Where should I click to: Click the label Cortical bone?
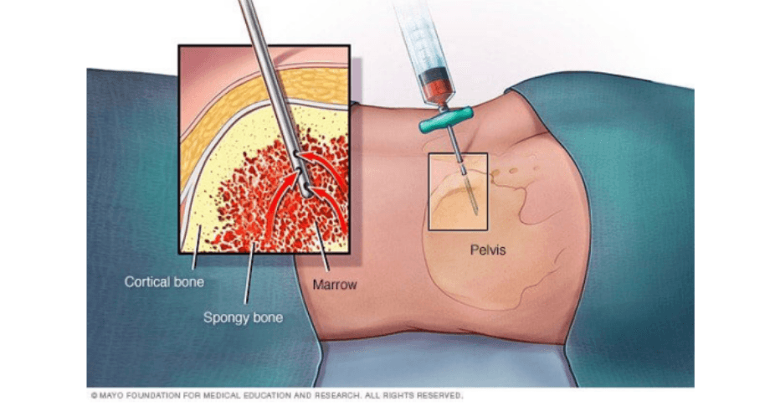pyautogui.click(x=164, y=282)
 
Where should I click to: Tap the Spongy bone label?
pyautogui.click(x=243, y=318)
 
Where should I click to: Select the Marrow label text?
pyautogui.click(x=335, y=285)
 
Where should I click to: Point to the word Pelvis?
pyautogui.click(x=488, y=250)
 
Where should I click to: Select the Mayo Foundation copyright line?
pyautogui.click(x=277, y=395)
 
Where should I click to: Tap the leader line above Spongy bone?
pyautogui.click(x=249, y=273)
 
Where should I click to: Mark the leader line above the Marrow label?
pyautogui.click(x=321, y=246)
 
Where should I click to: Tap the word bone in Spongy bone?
pyautogui.click(x=268, y=318)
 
